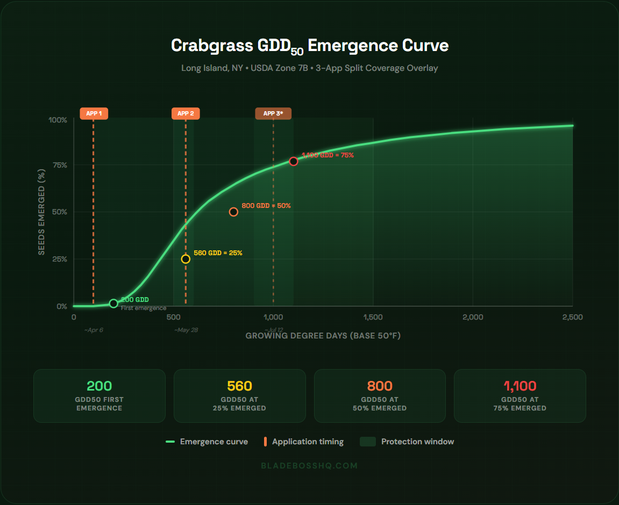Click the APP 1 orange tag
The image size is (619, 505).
(x=94, y=113)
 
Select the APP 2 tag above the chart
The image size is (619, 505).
(x=186, y=113)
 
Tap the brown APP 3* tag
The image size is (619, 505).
(x=273, y=113)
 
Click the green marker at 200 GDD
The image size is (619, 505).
(x=113, y=304)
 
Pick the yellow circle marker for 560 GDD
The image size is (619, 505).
(x=186, y=259)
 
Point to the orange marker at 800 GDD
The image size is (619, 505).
(x=233, y=212)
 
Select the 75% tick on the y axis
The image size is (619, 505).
(x=58, y=165)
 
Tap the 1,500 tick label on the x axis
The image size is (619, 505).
(x=373, y=317)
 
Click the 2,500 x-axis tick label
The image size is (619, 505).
(x=572, y=317)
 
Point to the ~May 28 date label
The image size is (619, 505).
(x=186, y=330)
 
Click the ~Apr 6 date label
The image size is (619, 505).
(x=94, y=330)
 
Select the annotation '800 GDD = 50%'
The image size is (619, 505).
(x=266, y=206)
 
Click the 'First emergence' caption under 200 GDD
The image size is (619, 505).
(x=143, y=308)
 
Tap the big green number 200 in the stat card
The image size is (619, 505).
(x=99, y=386)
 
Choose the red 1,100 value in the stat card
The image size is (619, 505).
(x=520, y=386)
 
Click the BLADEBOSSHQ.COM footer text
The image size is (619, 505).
(x=309, y=466)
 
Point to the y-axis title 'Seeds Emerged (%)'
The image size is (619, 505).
(x=41, y=212)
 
